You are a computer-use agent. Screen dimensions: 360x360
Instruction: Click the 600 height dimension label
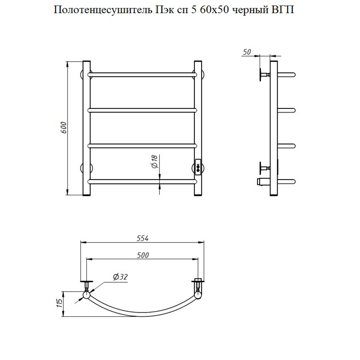point(64,128)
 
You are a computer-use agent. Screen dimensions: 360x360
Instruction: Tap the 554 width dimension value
point(142,238)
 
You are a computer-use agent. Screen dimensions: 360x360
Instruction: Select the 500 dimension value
point(143,255)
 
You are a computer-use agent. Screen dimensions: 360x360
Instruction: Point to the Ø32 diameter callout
point(120,277)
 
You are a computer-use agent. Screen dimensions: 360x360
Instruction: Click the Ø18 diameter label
point(155,162)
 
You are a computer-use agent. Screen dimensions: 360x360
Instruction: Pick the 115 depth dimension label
point(59,303)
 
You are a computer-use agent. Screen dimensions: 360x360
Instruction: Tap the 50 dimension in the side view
point(246,52)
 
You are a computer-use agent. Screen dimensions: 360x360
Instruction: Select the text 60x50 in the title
point(214,10)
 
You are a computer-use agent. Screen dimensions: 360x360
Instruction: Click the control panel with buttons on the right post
point(198,167)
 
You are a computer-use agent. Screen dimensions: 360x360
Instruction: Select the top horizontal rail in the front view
point(142,75)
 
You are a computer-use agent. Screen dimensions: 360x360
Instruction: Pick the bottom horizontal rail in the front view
point(142,182)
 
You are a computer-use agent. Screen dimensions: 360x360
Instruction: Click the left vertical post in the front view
point(86,128)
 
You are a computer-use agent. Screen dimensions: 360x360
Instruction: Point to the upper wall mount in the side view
point(264,75)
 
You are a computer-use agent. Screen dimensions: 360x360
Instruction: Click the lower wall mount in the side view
point(264,168)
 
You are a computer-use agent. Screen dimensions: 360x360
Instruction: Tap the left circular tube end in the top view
point(86,295)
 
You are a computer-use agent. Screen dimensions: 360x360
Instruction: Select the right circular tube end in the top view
point(198,295)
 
